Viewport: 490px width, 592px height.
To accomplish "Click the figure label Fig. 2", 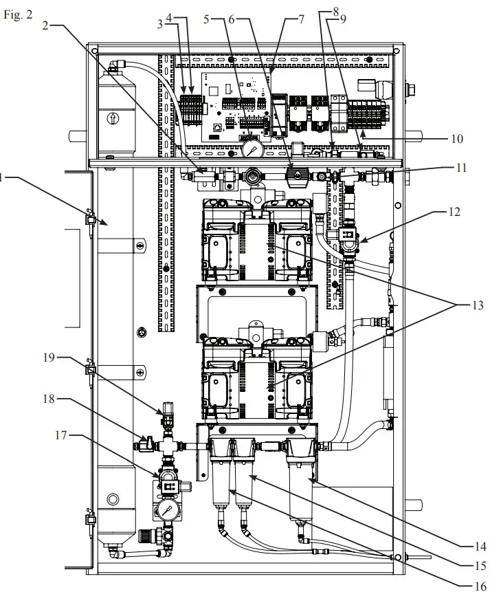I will (18, 15).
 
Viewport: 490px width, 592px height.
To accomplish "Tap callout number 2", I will (45, 26).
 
